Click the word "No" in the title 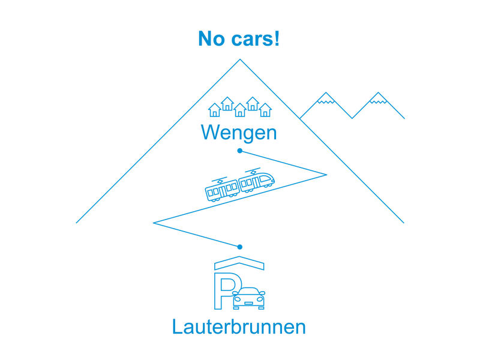pos(212,40)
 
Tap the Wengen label pos(239,132)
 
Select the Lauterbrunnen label pos(239,327)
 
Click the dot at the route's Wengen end pos(239,151)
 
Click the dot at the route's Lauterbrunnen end pos(239,247)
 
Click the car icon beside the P pos(249,298)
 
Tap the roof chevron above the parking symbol pos(239,263)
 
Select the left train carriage pos(222,189)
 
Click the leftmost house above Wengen pos(214,110)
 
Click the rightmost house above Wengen pos(265,110)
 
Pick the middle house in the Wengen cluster pos(239,110)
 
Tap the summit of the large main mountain pos(239,59)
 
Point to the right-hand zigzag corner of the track pos(326,175)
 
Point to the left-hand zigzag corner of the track pos(154,223)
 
